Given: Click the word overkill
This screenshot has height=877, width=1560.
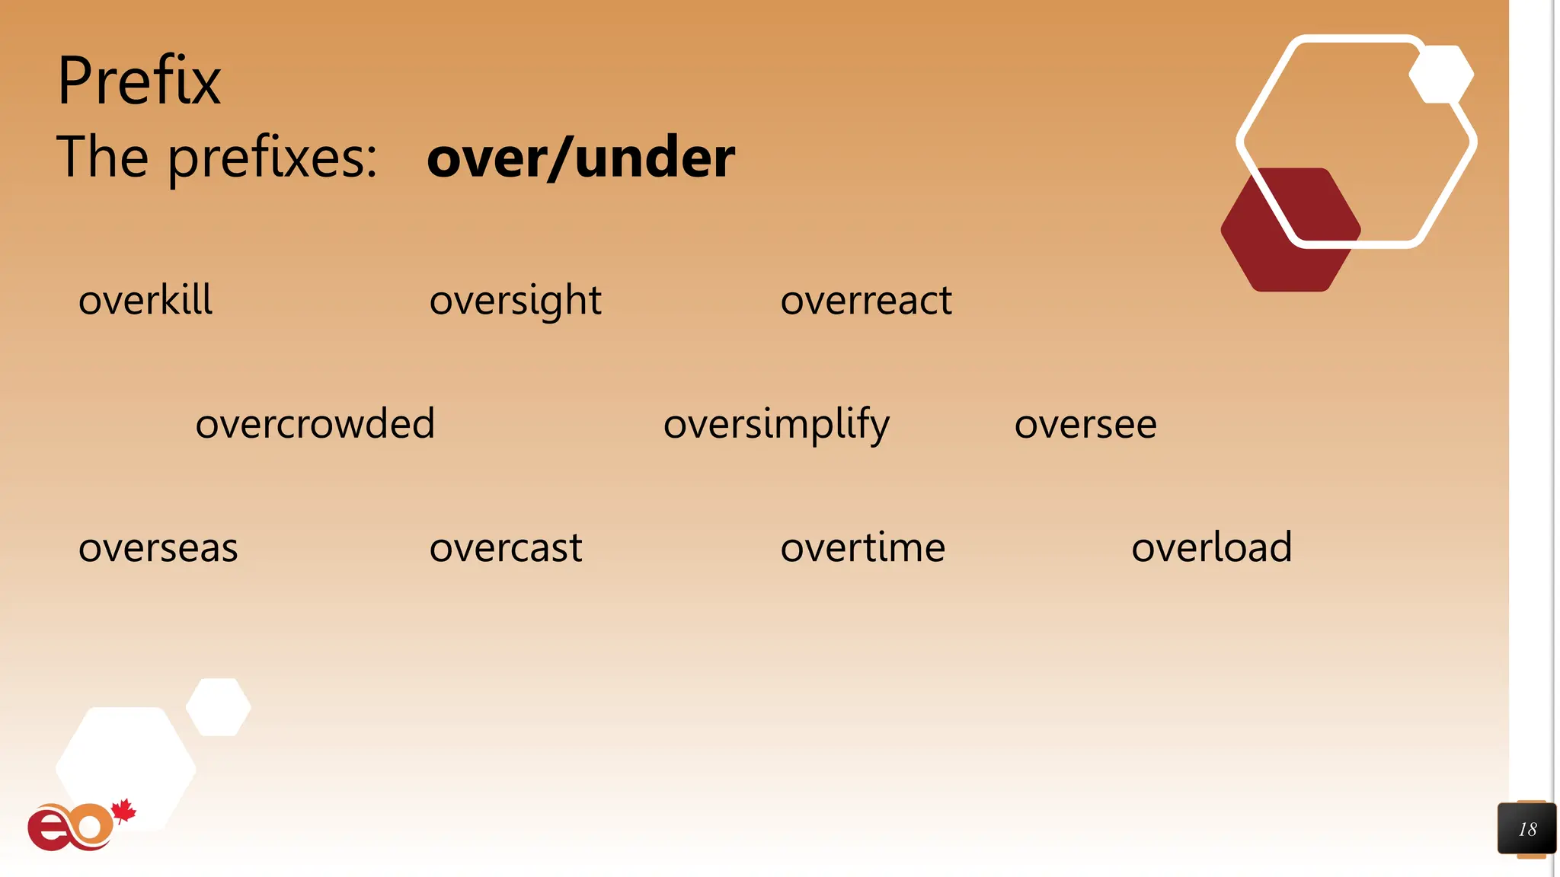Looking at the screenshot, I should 145,300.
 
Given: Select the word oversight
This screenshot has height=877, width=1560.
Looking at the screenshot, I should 515,301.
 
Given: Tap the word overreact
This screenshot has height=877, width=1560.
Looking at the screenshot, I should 866,301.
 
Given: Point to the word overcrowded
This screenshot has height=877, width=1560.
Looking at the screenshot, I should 315,424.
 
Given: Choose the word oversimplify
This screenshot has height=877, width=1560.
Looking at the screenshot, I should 775,425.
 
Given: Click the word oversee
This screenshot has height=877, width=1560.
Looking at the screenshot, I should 1085,425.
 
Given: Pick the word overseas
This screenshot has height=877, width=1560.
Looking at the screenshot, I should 158,548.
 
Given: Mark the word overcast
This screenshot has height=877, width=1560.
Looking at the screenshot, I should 506,548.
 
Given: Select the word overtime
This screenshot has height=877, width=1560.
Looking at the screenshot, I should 862,548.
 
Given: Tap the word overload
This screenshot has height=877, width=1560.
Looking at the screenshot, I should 1211,547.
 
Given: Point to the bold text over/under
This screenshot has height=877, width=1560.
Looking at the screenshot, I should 580,157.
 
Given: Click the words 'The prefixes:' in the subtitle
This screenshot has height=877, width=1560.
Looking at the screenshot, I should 217,157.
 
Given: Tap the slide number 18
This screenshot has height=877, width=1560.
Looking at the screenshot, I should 1526,829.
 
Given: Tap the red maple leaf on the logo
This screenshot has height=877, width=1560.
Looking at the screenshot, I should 123,811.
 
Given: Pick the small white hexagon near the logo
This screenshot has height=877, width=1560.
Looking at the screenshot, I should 219,706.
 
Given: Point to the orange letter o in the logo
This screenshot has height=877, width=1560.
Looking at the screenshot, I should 90,826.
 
